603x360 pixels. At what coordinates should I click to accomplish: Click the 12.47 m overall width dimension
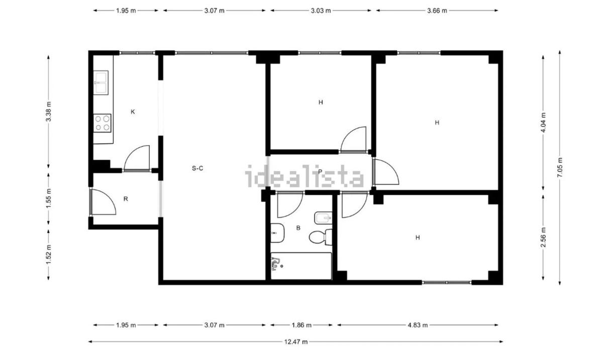296,342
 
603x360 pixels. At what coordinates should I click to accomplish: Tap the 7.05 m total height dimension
560,167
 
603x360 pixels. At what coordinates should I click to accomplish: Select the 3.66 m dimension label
437,11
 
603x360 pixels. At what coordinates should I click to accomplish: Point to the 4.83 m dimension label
418,325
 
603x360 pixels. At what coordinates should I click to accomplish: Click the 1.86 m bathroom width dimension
301,325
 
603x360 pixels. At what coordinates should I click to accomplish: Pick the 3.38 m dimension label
48,112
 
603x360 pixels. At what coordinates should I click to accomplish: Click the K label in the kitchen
133,112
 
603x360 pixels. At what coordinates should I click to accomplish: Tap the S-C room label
197,168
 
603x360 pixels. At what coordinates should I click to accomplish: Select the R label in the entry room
126,199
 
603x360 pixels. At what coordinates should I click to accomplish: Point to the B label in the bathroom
298,228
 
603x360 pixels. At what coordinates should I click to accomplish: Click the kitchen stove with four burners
103,123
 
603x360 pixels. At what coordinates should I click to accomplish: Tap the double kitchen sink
100,82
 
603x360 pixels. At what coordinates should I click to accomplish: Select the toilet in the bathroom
321,237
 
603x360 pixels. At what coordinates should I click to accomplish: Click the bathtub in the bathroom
301,266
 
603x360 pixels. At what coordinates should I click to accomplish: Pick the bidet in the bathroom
323,218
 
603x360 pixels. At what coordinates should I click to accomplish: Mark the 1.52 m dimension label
48,254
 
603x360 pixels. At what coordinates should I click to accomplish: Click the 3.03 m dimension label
321,11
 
